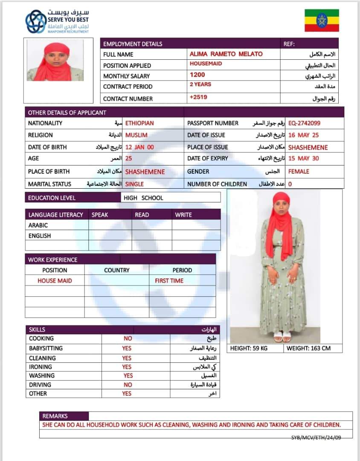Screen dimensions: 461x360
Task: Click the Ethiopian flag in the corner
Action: (x=322, y=20)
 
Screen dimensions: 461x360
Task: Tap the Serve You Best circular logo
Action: (x=36, y=21)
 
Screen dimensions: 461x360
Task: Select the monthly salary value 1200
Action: (x=197, y=75)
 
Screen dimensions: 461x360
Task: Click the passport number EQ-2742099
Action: (x=304, y=123)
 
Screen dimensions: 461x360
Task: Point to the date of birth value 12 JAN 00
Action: (x=139, y=147)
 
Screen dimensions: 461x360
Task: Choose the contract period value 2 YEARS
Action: (x=200, y=85)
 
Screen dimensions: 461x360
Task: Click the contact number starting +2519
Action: (x=198, y=97)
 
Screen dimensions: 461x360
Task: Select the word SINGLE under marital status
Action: (x=134, y=184)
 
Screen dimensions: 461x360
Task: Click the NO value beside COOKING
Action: (x=128, y=338)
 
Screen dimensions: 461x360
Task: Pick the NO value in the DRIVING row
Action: (x=128, y=385)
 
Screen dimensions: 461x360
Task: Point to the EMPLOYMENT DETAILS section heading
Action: (x=133, y=44)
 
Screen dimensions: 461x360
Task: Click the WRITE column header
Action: (x=183, y=215)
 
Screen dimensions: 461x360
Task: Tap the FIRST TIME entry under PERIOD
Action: (x=169, y=280)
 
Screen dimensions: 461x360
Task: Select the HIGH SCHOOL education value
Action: (x=143, y=198)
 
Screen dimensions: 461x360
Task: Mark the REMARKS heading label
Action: (x=55, y=416)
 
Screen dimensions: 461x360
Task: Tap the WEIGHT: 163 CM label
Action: (x=308, y=348)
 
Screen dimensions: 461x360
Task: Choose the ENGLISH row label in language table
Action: (x=40, y=236)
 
